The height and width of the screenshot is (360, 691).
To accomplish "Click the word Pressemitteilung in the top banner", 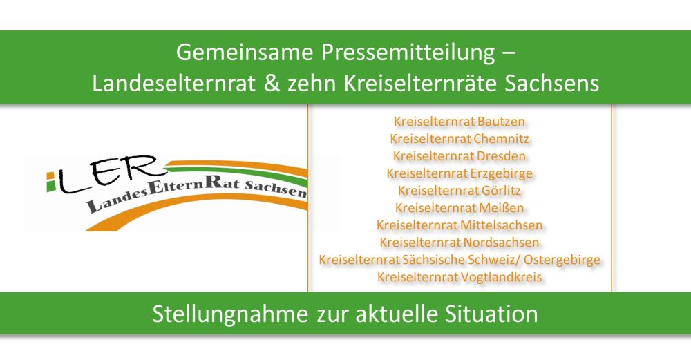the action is click(408, 53).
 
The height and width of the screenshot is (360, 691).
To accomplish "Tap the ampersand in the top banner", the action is click(272, 83).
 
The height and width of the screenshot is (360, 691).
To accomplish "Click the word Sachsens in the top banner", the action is click(551, 83).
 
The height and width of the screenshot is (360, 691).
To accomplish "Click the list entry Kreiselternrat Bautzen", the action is click(460, 121).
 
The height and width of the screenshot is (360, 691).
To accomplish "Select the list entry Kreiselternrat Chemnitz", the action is click(460, 139).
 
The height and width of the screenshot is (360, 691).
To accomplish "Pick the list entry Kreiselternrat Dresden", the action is click(460, 156).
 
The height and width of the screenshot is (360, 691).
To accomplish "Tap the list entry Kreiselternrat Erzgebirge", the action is click(460, 173).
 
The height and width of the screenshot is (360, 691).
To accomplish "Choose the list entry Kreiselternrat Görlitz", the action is click(460, 191).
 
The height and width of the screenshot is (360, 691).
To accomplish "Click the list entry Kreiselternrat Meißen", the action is click(460, 208).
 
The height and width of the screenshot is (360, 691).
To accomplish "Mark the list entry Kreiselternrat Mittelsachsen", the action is click(460, 225).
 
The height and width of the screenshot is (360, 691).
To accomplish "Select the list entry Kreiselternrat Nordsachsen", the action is click(460, 243).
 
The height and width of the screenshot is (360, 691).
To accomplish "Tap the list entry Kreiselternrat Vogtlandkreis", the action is click(460, 277).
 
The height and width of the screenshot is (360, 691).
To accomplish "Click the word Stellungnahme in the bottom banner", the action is click(229, 314).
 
